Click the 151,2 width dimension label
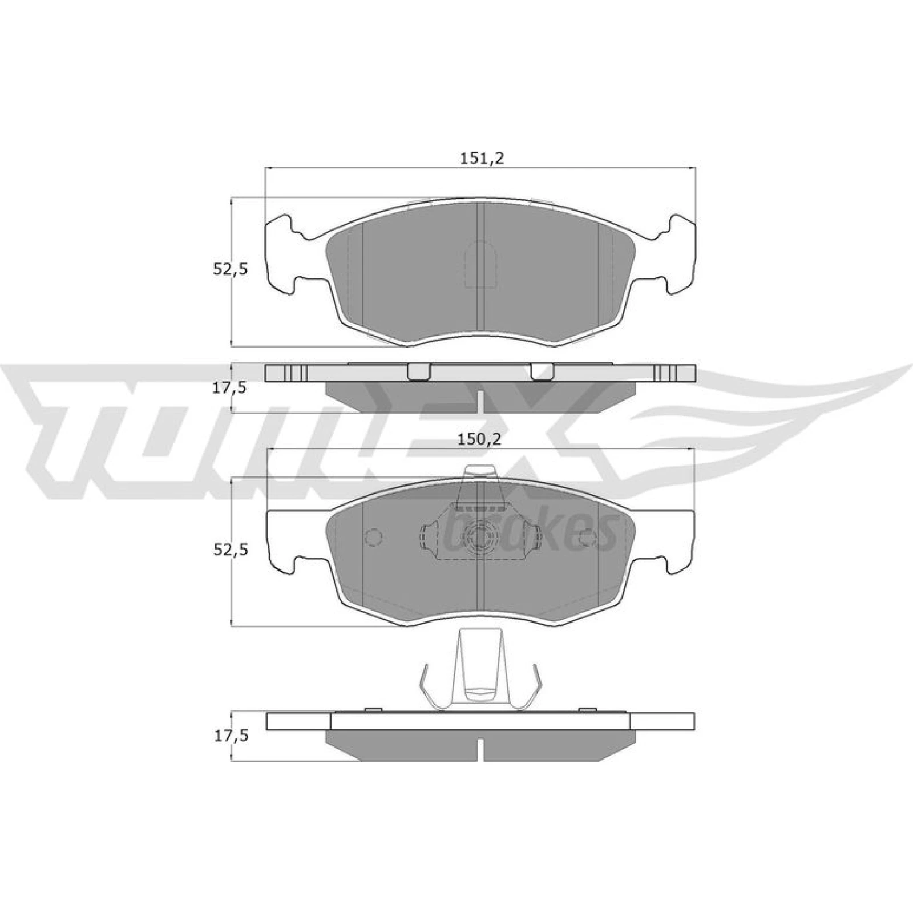click(x=482, y=160)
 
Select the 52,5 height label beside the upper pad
click(x=231, y=270)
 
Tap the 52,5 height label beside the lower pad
click(x=231, y=550)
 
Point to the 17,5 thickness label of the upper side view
click(x=231, y=387)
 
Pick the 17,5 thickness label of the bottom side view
click(x=231, y=736)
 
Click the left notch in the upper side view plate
click(x=419, y=371)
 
